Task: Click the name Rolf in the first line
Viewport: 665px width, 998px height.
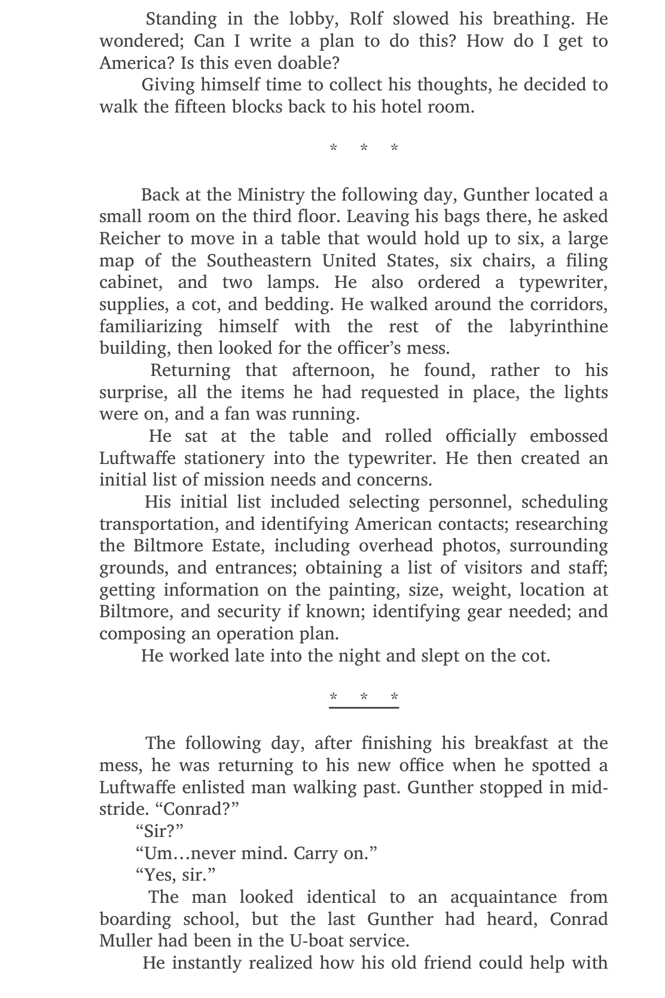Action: (366, 19)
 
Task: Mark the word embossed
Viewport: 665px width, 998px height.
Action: (569, 436)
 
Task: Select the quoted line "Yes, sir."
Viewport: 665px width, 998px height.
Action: (175, 875)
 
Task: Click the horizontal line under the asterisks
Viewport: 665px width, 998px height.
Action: (364, 708)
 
